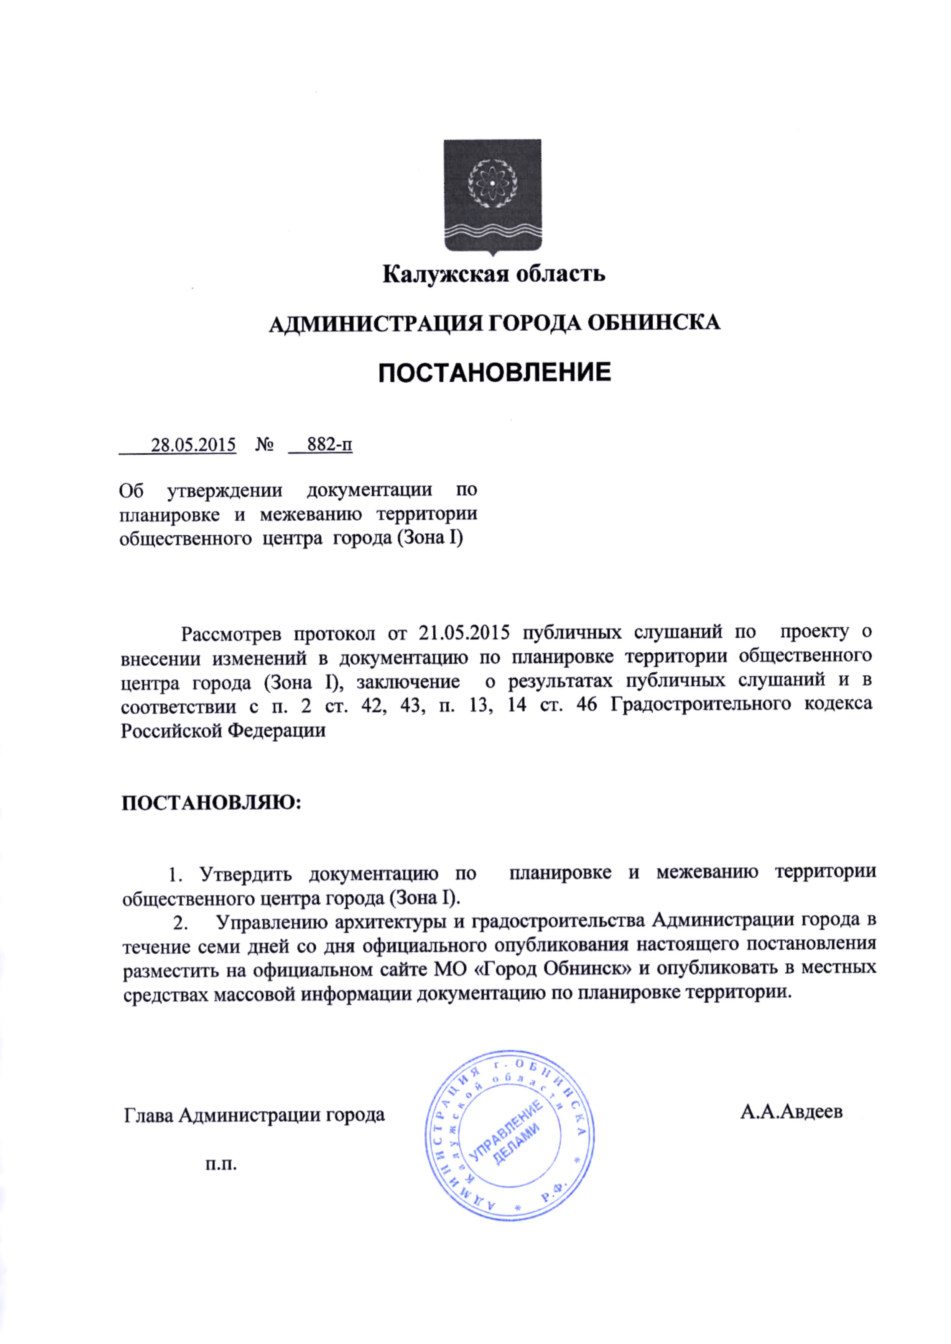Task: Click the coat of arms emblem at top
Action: click(x=492, y=197)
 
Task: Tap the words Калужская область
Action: click(x=494, y=274)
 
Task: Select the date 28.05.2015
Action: click(x=193, y=445)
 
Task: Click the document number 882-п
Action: click(x=330, y=445)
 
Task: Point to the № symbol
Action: click(x=265, y=445)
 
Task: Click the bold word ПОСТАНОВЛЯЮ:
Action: click(x=211, y=803)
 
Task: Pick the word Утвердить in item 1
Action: click(x=246, y=874)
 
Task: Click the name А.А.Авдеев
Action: click(x=791, y=1112)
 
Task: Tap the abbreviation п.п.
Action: click(x=221, y=1165)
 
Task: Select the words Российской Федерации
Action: click(x=223, y=730)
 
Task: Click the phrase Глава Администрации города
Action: click(x=254, y=1114)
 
